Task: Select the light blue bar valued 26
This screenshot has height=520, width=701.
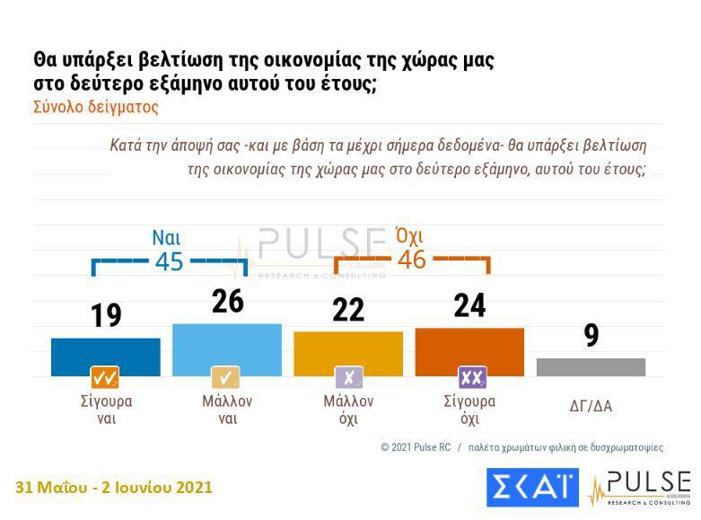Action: tap(227, 349)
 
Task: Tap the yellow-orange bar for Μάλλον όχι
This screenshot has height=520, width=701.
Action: tap(348, 353)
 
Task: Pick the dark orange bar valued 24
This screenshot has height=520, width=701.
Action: tap(469, 351)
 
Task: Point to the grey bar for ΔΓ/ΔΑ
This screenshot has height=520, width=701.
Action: tap(591, 366)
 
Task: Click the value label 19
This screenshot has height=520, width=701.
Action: tap(106, 316)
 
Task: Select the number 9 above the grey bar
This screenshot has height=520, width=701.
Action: tap(591, 335)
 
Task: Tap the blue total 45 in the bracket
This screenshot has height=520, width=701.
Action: tap(169, 261)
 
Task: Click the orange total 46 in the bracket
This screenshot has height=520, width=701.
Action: tap(411, 260)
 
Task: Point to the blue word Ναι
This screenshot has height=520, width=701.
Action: tap(166, 238)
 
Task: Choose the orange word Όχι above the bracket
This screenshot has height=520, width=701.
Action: tap(408, 236)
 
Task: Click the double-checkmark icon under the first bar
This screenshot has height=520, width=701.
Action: tap(105, 377)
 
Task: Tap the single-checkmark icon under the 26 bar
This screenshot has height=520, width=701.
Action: tap(226, 377)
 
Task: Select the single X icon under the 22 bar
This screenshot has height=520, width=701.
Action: tap(348, 377)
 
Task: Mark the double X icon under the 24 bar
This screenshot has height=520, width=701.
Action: tap(470, 377)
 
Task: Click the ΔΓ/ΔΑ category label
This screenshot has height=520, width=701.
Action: tap(591, 406)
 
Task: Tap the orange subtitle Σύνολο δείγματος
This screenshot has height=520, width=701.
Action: tap(96, 107)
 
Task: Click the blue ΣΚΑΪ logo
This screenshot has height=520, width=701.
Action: tap(532, 487)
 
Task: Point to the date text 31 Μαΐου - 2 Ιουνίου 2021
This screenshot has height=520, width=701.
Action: tap(114, 488)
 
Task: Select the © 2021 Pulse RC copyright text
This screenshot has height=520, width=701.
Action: tap(416, 446)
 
